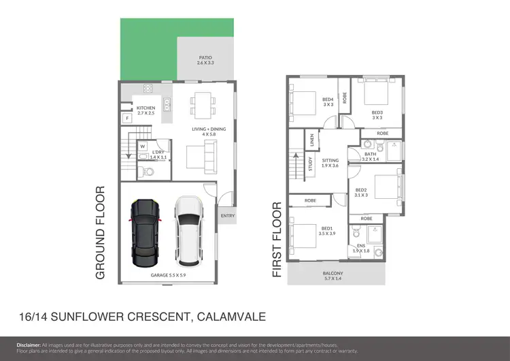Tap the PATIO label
205,60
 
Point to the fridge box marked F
127,119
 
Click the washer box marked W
143,145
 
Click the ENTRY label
226,217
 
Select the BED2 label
361,191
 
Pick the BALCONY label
333,274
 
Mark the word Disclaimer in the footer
29,345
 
